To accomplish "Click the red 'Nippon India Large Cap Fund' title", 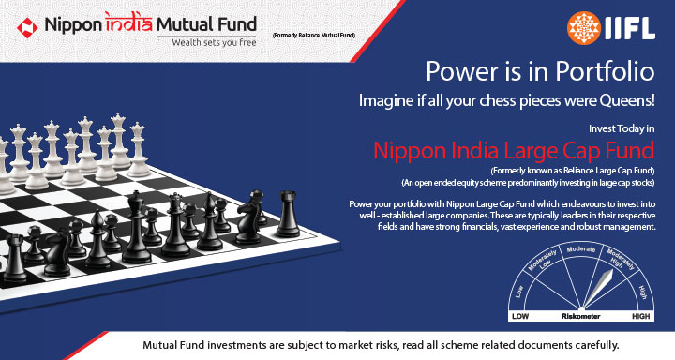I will pyautogui.click(x=514, y=150).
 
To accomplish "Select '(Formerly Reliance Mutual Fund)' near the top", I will pyautogui.click(x=315, y=35).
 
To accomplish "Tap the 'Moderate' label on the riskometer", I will pyautogui.click(x=581, y=250).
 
